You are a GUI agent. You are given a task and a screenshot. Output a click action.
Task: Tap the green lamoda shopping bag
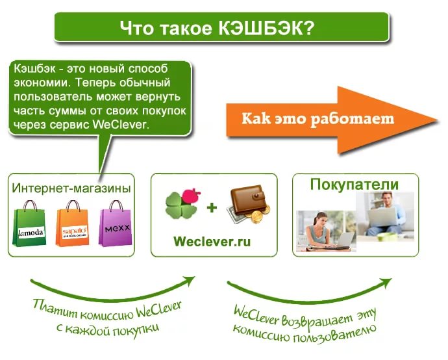29,224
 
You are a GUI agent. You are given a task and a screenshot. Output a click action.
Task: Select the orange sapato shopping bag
73,224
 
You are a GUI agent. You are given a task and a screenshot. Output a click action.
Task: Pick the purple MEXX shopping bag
116,224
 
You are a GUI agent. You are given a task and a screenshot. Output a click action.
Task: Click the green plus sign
212,207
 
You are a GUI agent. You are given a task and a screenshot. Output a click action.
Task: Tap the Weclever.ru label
212,242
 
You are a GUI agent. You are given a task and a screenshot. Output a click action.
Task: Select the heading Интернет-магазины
71,188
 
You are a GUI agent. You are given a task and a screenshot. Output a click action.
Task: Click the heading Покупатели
355,185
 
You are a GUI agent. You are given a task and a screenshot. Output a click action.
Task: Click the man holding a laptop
386,214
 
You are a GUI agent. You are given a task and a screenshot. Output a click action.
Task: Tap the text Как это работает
317,119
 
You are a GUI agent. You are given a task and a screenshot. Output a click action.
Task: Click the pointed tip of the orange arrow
437,120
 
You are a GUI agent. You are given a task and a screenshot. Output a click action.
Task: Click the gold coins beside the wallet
258,215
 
